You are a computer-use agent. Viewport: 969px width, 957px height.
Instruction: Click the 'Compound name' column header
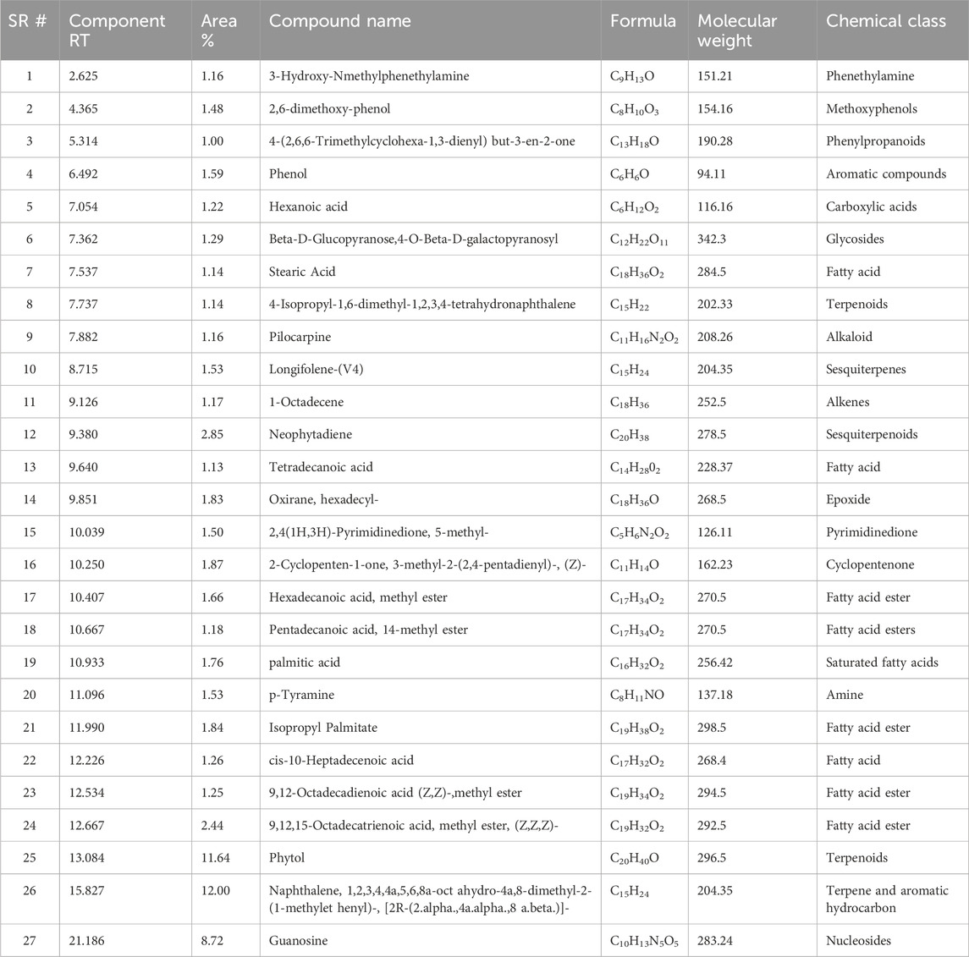340,21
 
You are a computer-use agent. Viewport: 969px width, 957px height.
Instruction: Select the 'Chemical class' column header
886,21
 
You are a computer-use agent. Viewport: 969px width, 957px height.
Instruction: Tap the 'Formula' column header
643,21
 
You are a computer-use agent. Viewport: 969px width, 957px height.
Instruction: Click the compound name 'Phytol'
287,858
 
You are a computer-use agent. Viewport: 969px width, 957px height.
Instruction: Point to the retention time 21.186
90,940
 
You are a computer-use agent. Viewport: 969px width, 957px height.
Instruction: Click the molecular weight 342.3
715,239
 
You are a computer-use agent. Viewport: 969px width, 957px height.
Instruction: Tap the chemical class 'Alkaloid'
849,337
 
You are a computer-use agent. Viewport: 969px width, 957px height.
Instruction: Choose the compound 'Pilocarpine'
300,337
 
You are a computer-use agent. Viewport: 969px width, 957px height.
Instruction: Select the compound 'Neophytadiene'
311,435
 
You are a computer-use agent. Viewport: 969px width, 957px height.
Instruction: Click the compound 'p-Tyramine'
301,696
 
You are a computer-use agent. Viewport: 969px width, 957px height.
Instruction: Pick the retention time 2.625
86,76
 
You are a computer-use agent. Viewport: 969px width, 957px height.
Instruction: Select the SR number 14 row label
30,500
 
